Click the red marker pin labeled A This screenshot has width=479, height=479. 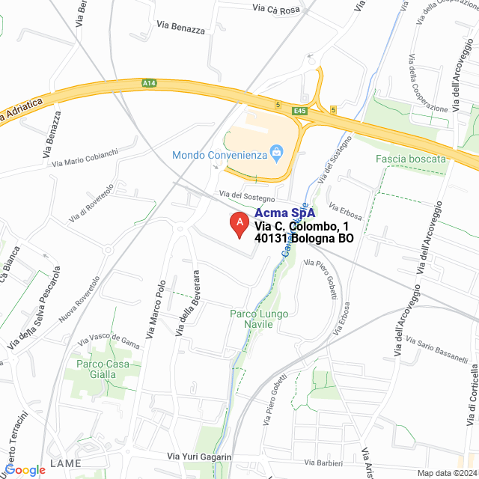pos(239,224)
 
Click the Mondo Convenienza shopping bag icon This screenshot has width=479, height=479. pos(277,155)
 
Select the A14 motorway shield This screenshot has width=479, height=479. pos(148,85)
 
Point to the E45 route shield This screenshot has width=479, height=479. pos(300,112)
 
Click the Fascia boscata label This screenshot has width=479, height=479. pos(411,159)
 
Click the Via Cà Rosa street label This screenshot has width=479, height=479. pos(275,10)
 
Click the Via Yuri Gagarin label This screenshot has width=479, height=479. pos(200,457)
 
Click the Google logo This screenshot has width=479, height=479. pos(25,469)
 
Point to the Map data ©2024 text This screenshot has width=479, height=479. pos(447,473)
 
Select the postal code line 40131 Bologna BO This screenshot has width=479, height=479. pos(304,239)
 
